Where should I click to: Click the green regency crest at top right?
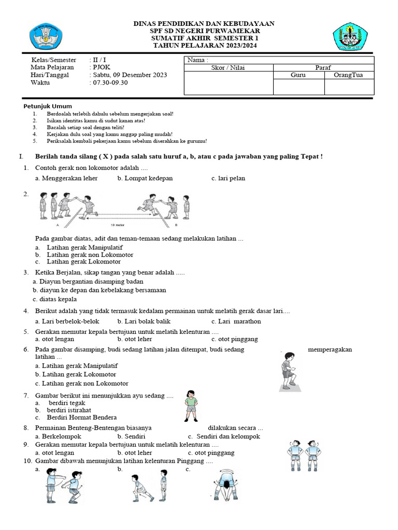tap(350, 36)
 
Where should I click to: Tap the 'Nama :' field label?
tap(197, 60)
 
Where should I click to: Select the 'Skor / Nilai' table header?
tap(228, 68)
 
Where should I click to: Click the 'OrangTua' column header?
tap(349, 75)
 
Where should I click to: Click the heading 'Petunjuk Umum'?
tap(48, 106)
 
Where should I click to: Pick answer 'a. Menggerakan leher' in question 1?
tap(66, 178)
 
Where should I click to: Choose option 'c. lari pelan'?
tap(228, 178)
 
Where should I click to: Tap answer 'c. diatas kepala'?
tap(54, 299)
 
